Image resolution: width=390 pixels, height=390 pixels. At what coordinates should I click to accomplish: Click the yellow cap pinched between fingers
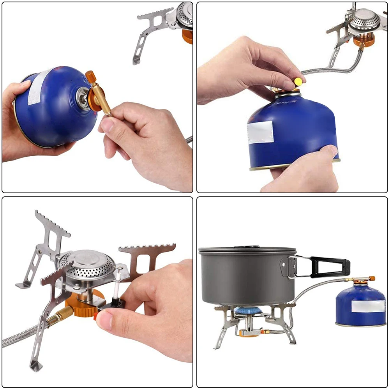pos(298,81)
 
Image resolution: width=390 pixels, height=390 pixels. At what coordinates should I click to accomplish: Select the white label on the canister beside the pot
pos(368,306)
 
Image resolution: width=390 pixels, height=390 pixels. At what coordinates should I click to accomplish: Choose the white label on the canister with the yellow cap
pos(260,132)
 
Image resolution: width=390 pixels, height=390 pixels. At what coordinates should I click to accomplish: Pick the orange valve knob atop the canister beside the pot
pos(372,279)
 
